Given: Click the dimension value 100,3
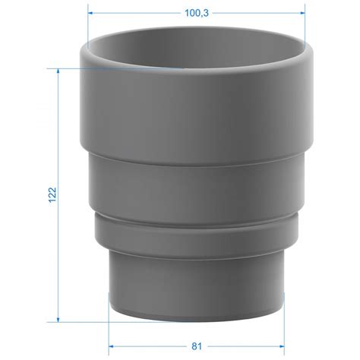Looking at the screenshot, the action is tap(197, 13).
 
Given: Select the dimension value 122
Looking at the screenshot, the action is tap(52, 195).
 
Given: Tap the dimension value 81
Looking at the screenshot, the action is tap(197, 346).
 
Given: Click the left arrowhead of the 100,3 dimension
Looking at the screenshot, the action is tap(90, 13).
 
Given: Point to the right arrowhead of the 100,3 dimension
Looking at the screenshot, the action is tap(302, 13).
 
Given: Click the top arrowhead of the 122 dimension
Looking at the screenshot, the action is tap(58, 71).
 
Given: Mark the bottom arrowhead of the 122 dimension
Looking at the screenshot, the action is tap(58, 320).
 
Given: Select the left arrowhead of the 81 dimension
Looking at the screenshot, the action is tap(111, 346).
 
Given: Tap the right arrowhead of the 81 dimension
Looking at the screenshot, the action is tap(282, 346).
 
